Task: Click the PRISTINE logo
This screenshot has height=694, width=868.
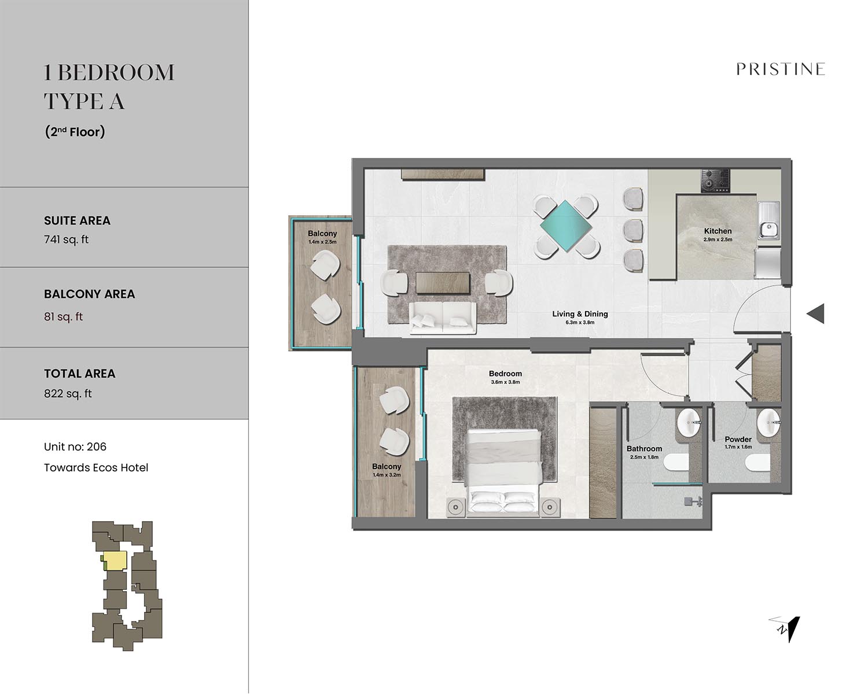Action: [x=781, y=69]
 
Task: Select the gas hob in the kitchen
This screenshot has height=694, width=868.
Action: [x=715, y=180]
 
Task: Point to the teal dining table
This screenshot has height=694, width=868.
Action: [x=565, y=226]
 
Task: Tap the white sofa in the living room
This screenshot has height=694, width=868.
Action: [x=443, y=318]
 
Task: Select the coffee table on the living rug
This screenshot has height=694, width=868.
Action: [x=443, y=283]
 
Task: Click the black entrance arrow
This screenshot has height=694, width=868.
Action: [x=815, y=313]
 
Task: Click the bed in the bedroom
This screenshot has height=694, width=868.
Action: [x=503, y=472]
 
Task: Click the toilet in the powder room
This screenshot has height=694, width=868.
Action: [x=758, y=463]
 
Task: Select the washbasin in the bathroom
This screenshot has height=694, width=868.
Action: [x=689, y=423]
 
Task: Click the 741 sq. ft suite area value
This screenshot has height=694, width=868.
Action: [x=66, y=239]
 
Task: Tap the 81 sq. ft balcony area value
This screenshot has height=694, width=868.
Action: [x=63, y=317]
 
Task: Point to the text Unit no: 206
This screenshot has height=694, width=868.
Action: [x=75, y=446]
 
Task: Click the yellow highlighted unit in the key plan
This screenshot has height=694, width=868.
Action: [x=115, y=561]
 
